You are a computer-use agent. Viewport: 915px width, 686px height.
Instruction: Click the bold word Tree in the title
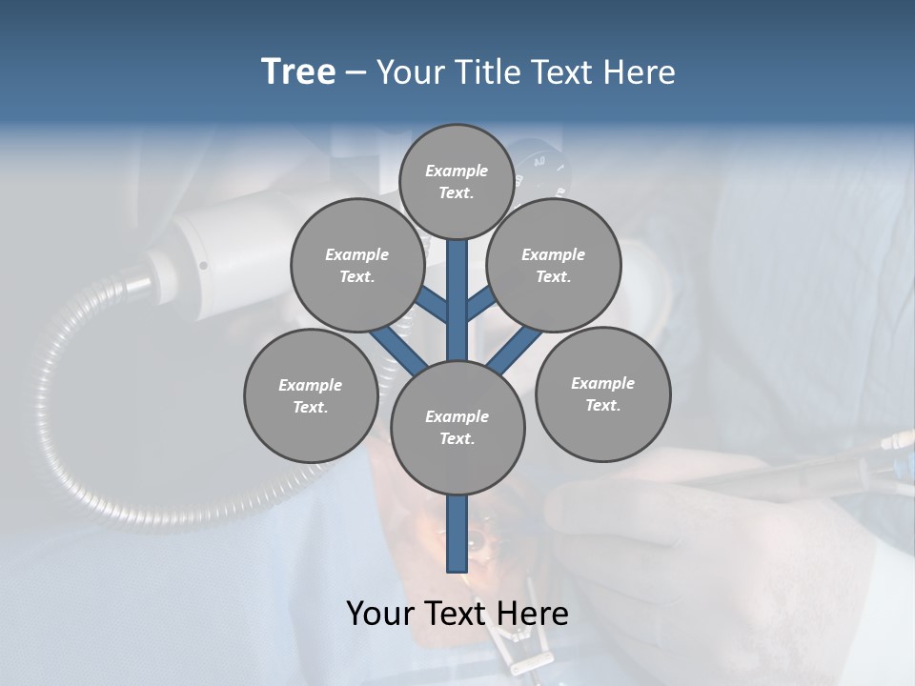[x=298, y=72]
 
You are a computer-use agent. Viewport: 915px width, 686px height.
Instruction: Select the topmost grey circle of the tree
[x=457, y=181]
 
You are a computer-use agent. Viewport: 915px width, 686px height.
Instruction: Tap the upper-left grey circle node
[x=357, y=265]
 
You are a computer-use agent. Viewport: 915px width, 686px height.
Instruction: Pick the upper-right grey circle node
[x=554, y=265]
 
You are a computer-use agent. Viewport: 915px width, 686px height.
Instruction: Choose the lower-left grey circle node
[x=311, y=395]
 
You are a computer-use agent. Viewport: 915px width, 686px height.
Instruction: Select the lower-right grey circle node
[x=603, y=393]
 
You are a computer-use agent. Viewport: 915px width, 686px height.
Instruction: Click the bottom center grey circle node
[x=457, y=428]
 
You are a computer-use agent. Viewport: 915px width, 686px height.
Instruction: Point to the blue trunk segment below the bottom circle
[x=457, y=534]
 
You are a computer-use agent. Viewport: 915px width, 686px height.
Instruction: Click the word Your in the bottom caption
[x=379, y=614]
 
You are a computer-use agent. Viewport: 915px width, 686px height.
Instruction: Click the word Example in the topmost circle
[x=457, y=171]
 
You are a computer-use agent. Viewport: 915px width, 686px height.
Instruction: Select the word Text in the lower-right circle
[x=603, y=405]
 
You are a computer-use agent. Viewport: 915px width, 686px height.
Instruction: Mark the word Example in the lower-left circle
[x=311, y=385]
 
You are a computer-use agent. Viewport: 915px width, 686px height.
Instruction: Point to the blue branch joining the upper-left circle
[x=432, y=306]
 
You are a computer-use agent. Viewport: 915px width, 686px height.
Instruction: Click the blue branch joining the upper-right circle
[x=480, y=304]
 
